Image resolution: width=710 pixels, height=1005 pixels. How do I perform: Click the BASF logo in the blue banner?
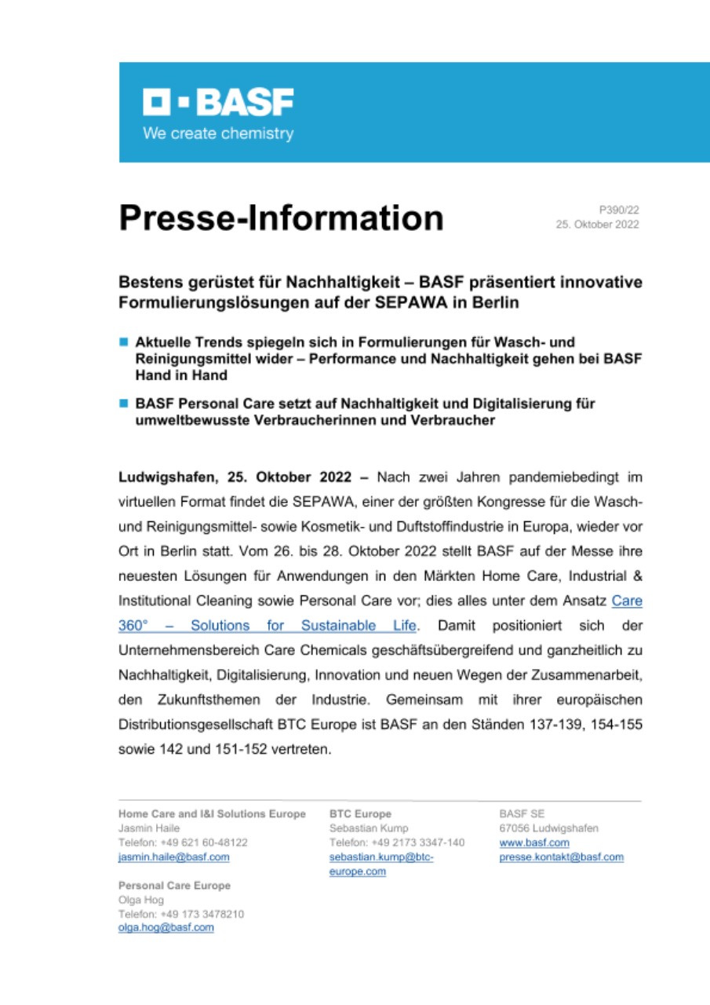[217, 102]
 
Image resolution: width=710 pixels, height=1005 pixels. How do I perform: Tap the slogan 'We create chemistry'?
[217, 133]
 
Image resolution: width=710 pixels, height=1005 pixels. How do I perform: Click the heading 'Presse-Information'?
[281, 217]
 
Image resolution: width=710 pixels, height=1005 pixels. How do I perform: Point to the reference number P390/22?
[619, 210]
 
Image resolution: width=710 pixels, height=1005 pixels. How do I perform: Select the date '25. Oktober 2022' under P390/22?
[597, 225]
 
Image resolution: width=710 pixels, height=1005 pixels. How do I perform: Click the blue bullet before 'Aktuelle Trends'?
[123, 343]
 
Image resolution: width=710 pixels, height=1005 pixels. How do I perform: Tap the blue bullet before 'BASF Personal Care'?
[123, 404]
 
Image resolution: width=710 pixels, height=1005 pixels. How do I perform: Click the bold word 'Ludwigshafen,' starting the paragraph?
[165, 477]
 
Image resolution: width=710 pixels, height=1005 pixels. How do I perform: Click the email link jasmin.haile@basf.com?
[173, 857]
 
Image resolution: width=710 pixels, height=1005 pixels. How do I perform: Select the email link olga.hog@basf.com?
[166, 927]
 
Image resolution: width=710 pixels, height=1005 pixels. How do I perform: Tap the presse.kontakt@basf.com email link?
[561, 857]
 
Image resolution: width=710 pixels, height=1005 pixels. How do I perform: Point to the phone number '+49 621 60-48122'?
[204, 842]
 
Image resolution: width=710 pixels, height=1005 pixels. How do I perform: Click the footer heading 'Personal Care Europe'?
[174, 886]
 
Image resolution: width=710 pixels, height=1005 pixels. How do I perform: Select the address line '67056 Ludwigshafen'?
[548, 828]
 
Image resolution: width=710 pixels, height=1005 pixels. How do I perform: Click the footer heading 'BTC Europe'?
[360, 814]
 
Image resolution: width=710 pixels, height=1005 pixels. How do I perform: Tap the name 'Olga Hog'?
[141, 900]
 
